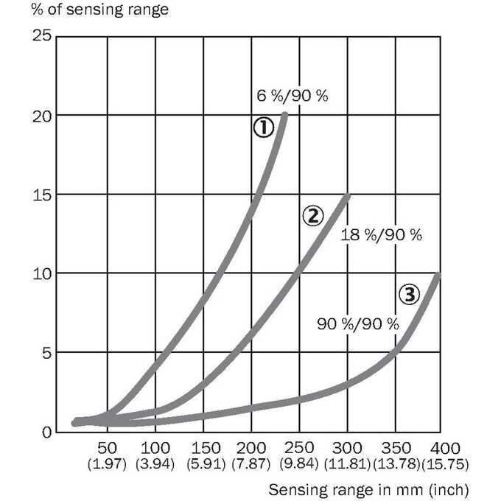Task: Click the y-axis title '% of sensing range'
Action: [x=99, y=10]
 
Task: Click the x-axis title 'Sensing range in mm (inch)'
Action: [x=368, y=489]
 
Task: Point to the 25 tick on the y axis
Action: [x=42, y=35]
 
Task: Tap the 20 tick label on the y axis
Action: [x=42, y=116]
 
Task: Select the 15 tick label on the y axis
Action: [x=42, y=195]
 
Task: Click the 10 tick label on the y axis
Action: [x=42, y=274]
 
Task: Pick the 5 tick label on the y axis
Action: [x=46, y=353]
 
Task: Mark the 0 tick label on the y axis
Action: [x=46, y=432]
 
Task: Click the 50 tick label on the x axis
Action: [x=107, y=448]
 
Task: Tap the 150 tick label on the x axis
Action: [x=206, y=448]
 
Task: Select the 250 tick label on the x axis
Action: [x=298, y=448]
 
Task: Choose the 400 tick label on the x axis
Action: [x=445, y=448]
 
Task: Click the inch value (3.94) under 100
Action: [x=155, y=464]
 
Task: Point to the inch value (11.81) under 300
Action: [x=347, y=464]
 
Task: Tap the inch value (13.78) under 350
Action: [x=396, y=464]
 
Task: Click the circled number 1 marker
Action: [x=264, y=127]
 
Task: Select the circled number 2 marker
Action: [x=313, y=216]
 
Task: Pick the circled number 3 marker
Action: [x=410, y=294]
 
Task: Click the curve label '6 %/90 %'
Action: [x=292, y=96]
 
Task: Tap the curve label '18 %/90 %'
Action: [x=381, y=235]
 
